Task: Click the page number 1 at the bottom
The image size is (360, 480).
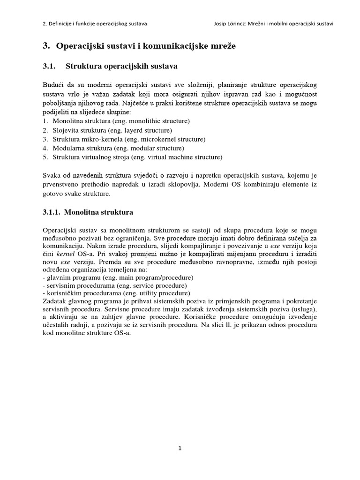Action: [x=180, y=448]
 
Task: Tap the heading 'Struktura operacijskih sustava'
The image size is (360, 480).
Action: [x=121, y=67]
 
